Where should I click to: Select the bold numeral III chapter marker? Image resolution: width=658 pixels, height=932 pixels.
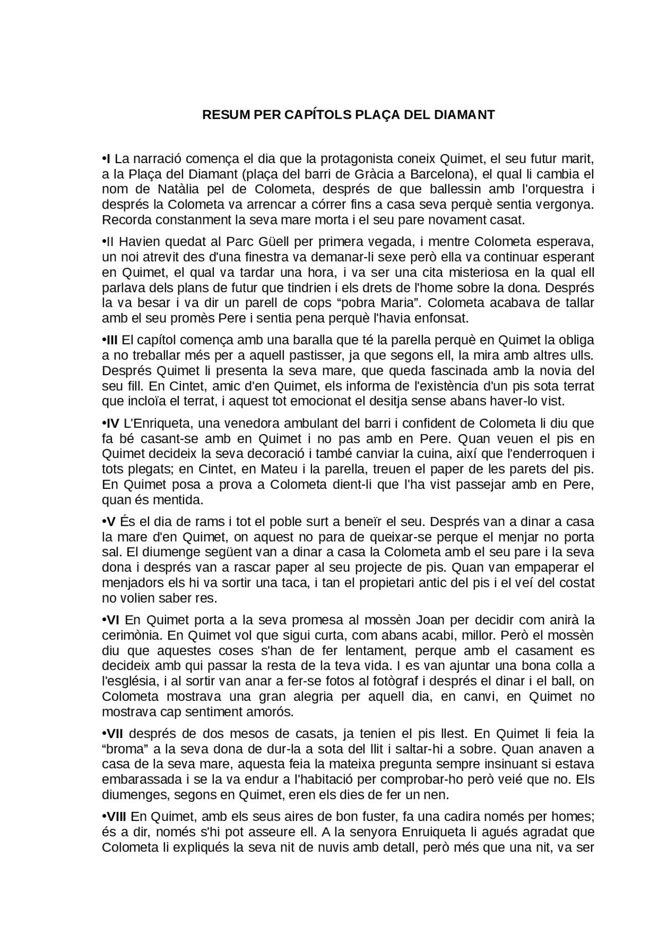click(x=112, y=340)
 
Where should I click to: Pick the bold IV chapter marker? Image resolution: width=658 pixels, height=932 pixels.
click(x=112, y=424)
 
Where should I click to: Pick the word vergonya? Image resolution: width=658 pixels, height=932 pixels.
click(x=565, y=205)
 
